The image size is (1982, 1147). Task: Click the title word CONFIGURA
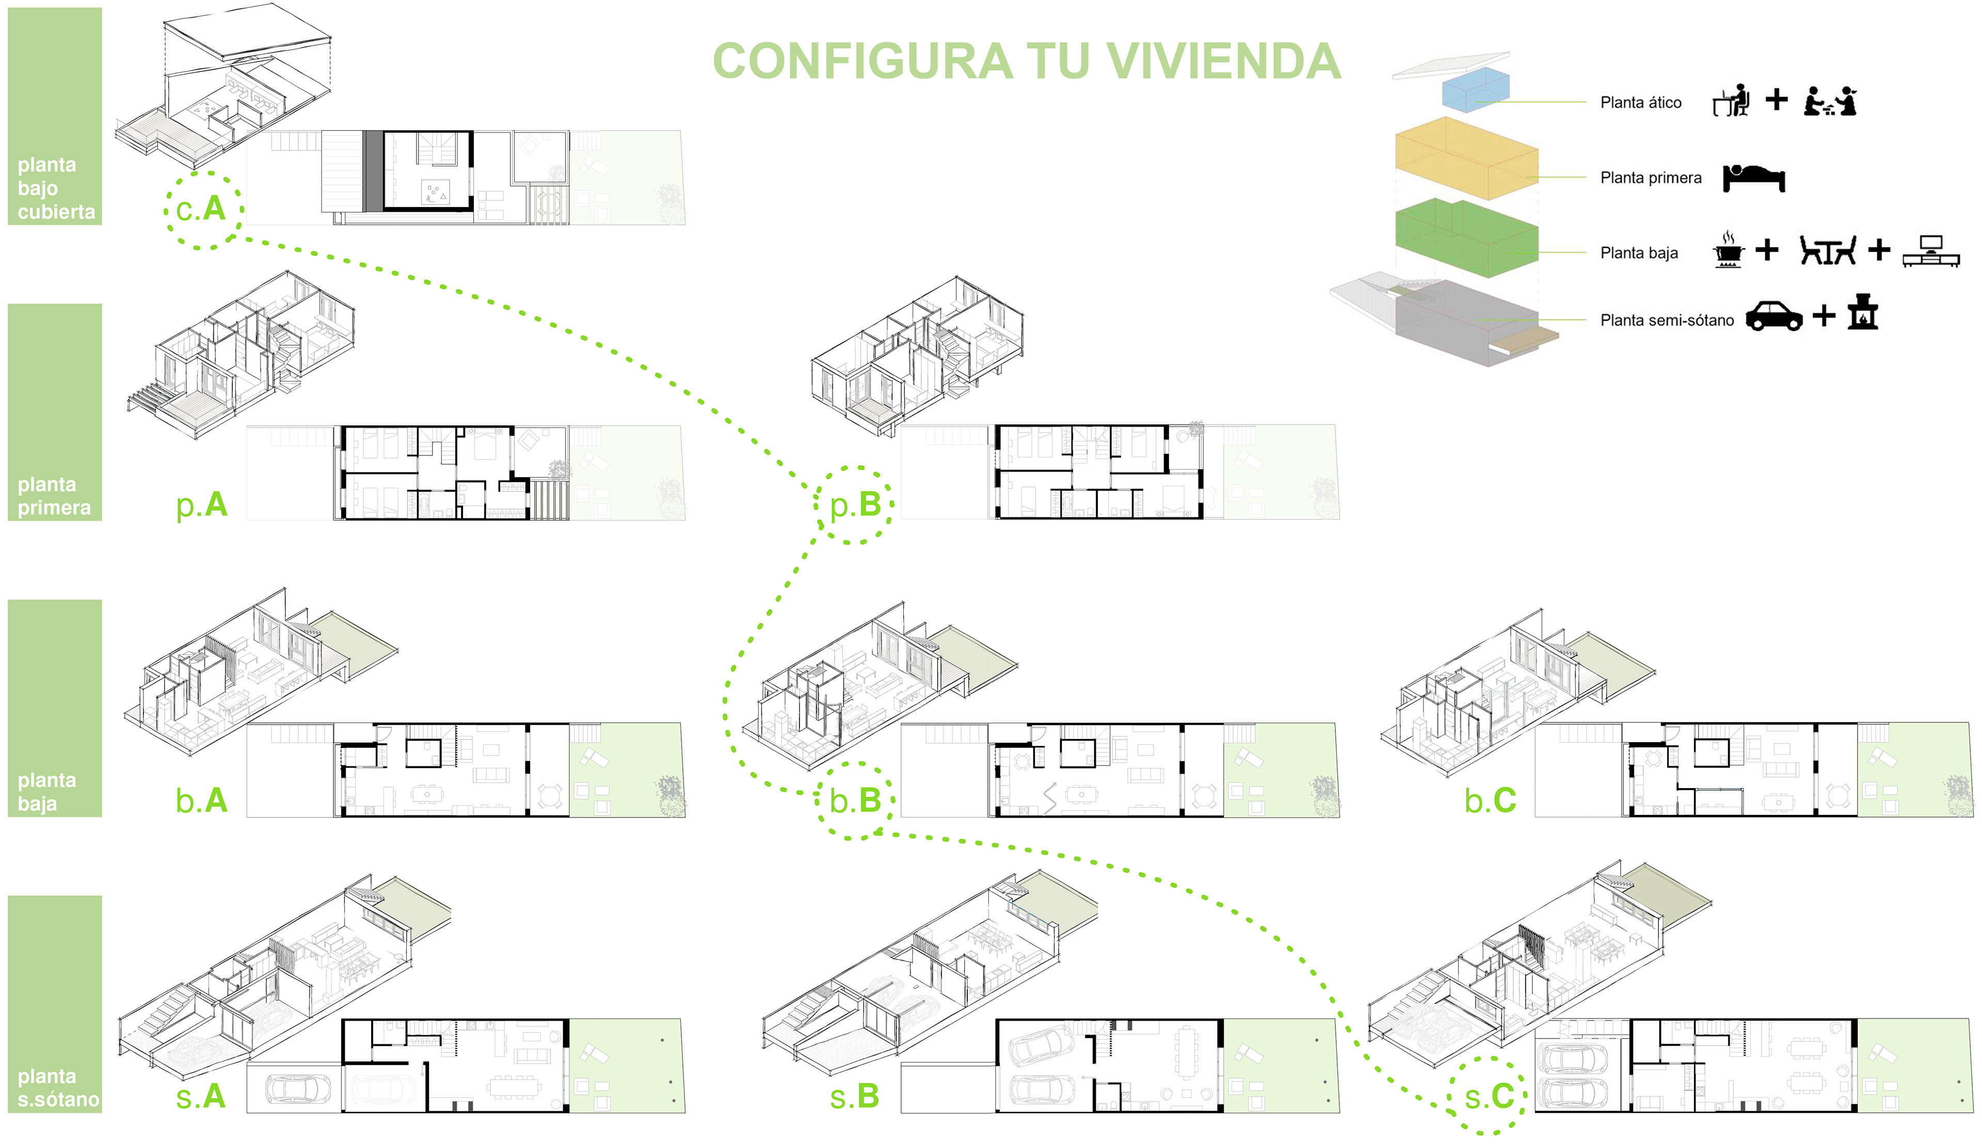click(x=862, y=61)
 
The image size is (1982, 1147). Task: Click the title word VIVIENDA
click(x=1223, y=61)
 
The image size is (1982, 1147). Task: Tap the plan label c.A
click(x=201, y=209)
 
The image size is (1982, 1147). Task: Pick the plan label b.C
click(x=1490, y=801)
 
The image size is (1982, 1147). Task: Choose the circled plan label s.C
click(x=1488, y=1096)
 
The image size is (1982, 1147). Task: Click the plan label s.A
click(x=201, y=1096)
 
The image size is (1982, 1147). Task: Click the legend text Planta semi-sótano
click(x=1667, y=320)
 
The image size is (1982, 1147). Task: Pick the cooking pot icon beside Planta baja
click(x=1728, y=250)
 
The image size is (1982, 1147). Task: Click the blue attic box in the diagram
click(x=1476, y=89)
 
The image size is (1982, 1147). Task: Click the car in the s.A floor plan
click(x=293, y=1089)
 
